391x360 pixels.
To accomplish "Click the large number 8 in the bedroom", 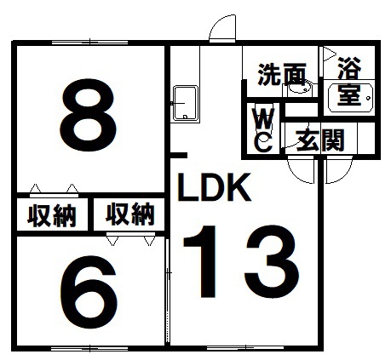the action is [88, 114].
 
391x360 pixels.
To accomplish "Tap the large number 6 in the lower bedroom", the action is [89, 292].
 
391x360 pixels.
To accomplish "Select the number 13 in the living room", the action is [241, 262].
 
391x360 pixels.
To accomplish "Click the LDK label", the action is [214, 187].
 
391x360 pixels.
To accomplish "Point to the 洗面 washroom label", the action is [282, 74].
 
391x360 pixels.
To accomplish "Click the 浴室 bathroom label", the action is [349, 81].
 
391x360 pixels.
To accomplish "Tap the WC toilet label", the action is [264, 130].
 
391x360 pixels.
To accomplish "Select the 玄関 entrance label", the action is [320, 140].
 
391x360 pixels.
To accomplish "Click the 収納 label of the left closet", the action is [52, 215].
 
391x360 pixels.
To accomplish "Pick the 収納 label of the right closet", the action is [130, 214].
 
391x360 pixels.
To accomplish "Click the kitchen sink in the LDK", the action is [186, 104].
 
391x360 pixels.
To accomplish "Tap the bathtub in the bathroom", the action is [350, 98].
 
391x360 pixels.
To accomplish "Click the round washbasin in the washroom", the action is [300, 89].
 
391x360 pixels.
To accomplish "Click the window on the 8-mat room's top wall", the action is [89, 43].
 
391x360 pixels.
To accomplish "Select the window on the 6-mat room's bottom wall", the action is [89, 348].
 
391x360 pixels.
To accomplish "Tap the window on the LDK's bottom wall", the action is [245, 348].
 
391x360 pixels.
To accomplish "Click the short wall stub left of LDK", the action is [178, 155].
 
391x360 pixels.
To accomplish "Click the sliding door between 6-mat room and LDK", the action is [168, 290].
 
